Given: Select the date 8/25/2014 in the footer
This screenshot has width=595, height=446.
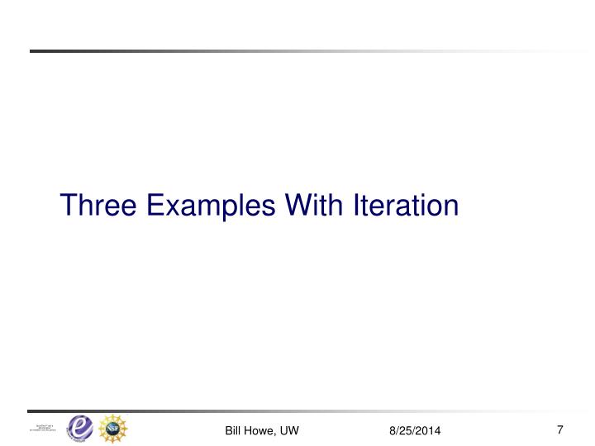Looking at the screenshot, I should (x=415, y=430).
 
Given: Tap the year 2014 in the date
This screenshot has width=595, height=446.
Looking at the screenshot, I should (x=428, y=430).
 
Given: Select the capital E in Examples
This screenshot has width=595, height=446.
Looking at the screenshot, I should (x=147, y=204).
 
